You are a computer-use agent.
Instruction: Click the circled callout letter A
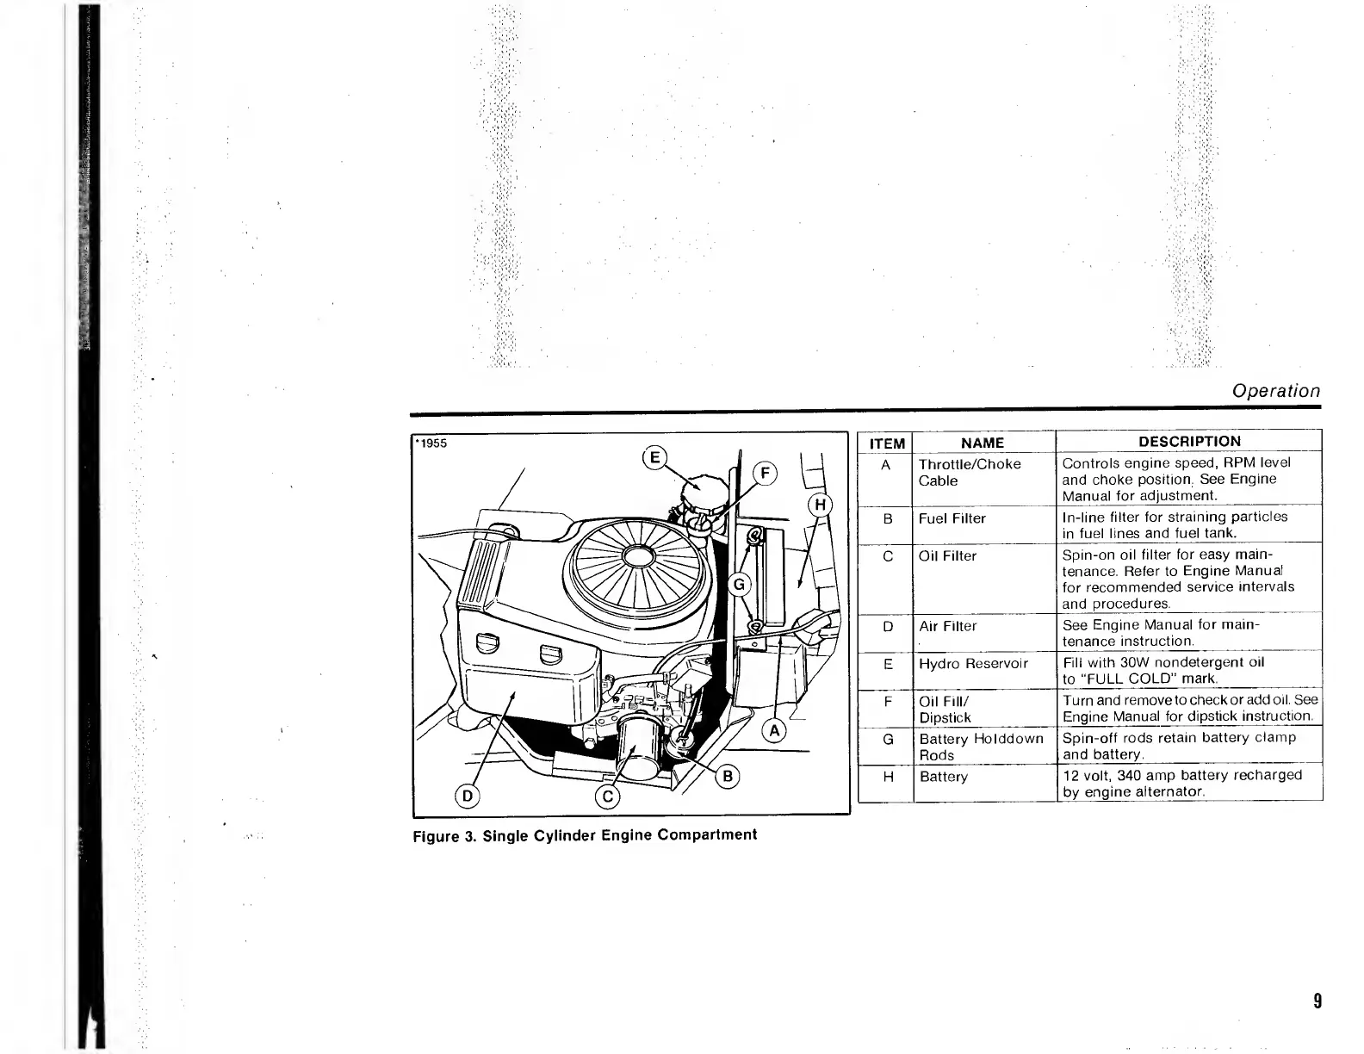coord(774,731)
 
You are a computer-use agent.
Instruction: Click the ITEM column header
coord(887,443)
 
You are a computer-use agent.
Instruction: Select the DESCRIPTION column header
coord(1189,442)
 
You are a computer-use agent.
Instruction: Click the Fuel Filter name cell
coord(952,518)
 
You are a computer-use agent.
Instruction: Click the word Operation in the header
coord(1275,391)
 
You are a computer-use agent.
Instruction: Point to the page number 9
coord(1317,1001)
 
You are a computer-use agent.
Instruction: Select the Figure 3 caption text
coord(585,835)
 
